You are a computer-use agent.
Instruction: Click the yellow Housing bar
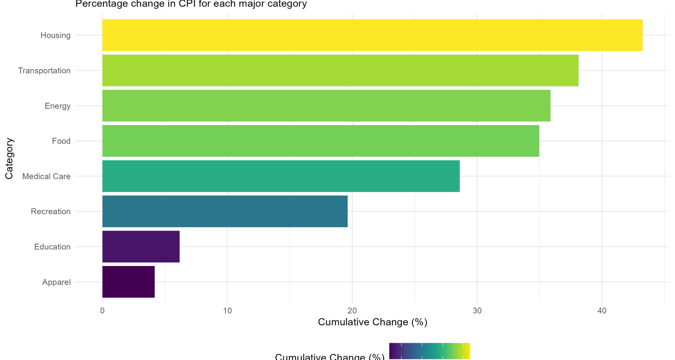tap(372, 35)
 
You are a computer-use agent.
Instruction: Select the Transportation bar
tap(340, 70)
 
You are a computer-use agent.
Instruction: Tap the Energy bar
tap(326, 105)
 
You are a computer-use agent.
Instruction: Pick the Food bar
tap(320, 141)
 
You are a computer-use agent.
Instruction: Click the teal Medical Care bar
tap(281, 176)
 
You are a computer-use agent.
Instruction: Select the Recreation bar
tap(225, 211)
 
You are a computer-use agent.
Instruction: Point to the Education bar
tap(141, 246)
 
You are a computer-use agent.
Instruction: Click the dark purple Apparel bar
tap(128, 282)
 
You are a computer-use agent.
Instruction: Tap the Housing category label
tap(55, 35)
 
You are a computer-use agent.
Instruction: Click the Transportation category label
tap(44, 71)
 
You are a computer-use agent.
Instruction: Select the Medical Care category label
tap(46, 176)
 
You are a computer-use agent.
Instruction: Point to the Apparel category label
tap(56, 282)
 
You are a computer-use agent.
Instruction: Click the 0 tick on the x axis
tap(102, 311)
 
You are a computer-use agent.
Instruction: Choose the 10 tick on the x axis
tap(227, 311)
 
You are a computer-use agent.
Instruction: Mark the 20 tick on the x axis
tap(352, 311)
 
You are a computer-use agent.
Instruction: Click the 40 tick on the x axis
tap(602, 311)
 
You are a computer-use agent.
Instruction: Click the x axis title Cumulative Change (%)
tap(372, 322)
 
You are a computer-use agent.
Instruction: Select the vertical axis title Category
tap(9, 159)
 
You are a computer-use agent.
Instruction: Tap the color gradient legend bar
tap(429, 351)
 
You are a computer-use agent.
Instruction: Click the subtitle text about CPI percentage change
tap(191, 4)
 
